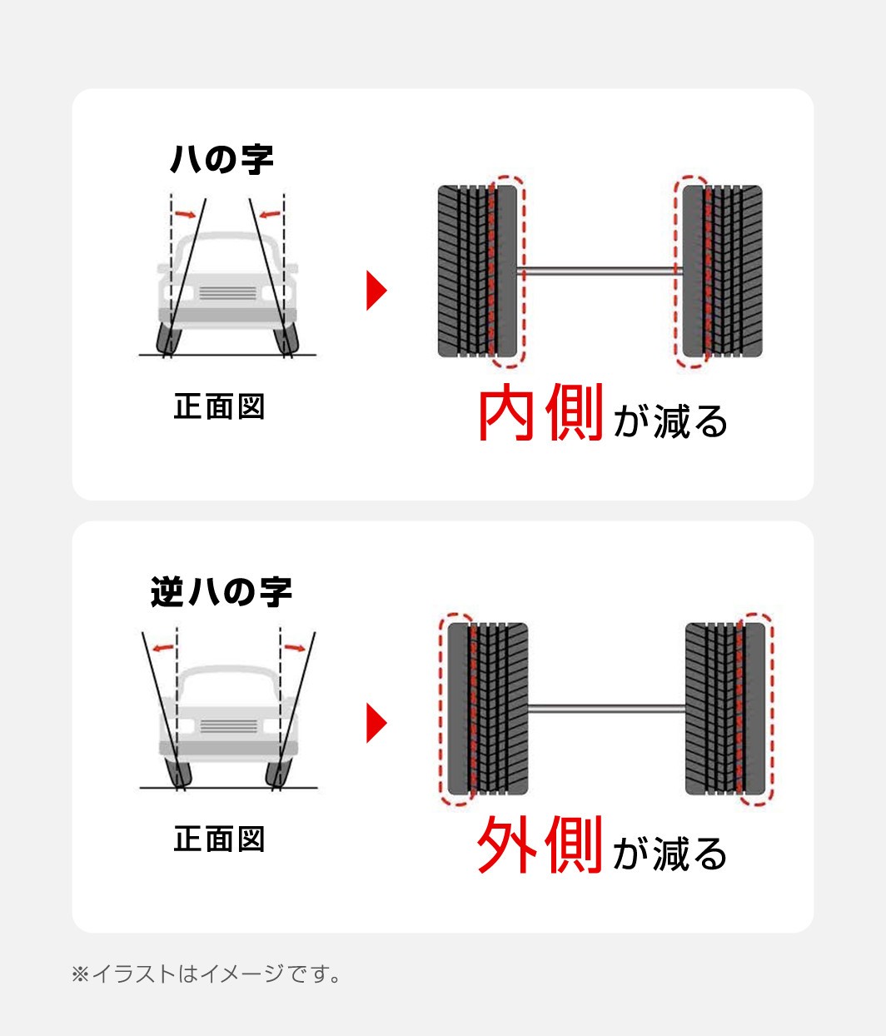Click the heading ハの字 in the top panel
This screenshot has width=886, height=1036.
pos(221,159)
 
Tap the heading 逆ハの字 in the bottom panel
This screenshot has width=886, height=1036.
pos(221,592)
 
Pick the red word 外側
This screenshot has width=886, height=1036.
pos(540,846)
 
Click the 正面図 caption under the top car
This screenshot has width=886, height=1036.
pos(220,407)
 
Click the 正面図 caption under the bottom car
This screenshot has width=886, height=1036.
pos(220,839)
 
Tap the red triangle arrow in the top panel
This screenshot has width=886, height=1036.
pos(376,291)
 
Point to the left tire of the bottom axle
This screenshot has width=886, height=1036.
pos(487,709)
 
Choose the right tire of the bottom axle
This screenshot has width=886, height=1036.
pos(725,709)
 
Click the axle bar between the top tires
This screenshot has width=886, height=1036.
pos(600,271)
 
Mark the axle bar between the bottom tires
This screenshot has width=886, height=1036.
pos(606,709)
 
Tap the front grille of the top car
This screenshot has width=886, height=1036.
pos(228,292)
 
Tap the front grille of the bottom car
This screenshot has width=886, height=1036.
pos(228,726)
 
